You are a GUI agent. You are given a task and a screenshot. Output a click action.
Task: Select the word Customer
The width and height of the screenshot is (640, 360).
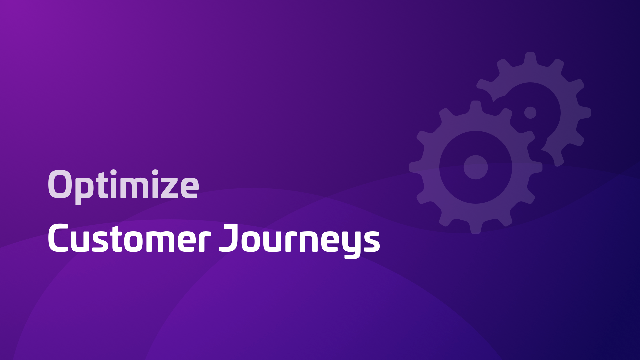129,238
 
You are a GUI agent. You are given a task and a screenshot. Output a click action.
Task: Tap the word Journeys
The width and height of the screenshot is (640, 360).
299,241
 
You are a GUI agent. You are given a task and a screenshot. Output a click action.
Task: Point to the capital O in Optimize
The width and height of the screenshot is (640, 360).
60,184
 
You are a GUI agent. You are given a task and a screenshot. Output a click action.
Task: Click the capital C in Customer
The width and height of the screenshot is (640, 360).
59,238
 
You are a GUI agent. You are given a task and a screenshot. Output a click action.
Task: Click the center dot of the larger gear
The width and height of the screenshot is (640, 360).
476,167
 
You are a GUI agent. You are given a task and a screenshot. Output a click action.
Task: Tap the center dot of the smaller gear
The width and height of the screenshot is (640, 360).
530,113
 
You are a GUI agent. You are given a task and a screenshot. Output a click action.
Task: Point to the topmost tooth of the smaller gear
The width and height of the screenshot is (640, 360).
530,58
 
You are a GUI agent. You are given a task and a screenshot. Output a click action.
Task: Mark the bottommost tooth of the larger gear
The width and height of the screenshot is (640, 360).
476,227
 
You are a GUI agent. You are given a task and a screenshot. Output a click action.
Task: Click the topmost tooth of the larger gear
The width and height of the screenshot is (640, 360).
476,107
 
